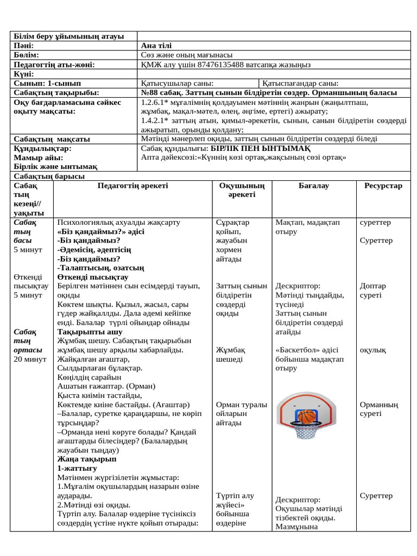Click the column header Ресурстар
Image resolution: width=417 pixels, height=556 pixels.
383,186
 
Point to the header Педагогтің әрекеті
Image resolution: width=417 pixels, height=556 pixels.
132,186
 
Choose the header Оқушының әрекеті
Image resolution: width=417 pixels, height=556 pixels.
241,190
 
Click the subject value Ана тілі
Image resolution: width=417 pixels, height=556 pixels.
156,46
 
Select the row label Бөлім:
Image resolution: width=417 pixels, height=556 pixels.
26,55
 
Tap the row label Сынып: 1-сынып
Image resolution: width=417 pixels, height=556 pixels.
47,83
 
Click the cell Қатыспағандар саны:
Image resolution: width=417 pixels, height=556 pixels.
301,83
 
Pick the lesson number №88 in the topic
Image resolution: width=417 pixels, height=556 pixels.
149,92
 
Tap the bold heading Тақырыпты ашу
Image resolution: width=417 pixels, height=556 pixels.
90,332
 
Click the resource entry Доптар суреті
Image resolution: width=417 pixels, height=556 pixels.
372,290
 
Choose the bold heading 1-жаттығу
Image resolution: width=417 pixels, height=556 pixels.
77,468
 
